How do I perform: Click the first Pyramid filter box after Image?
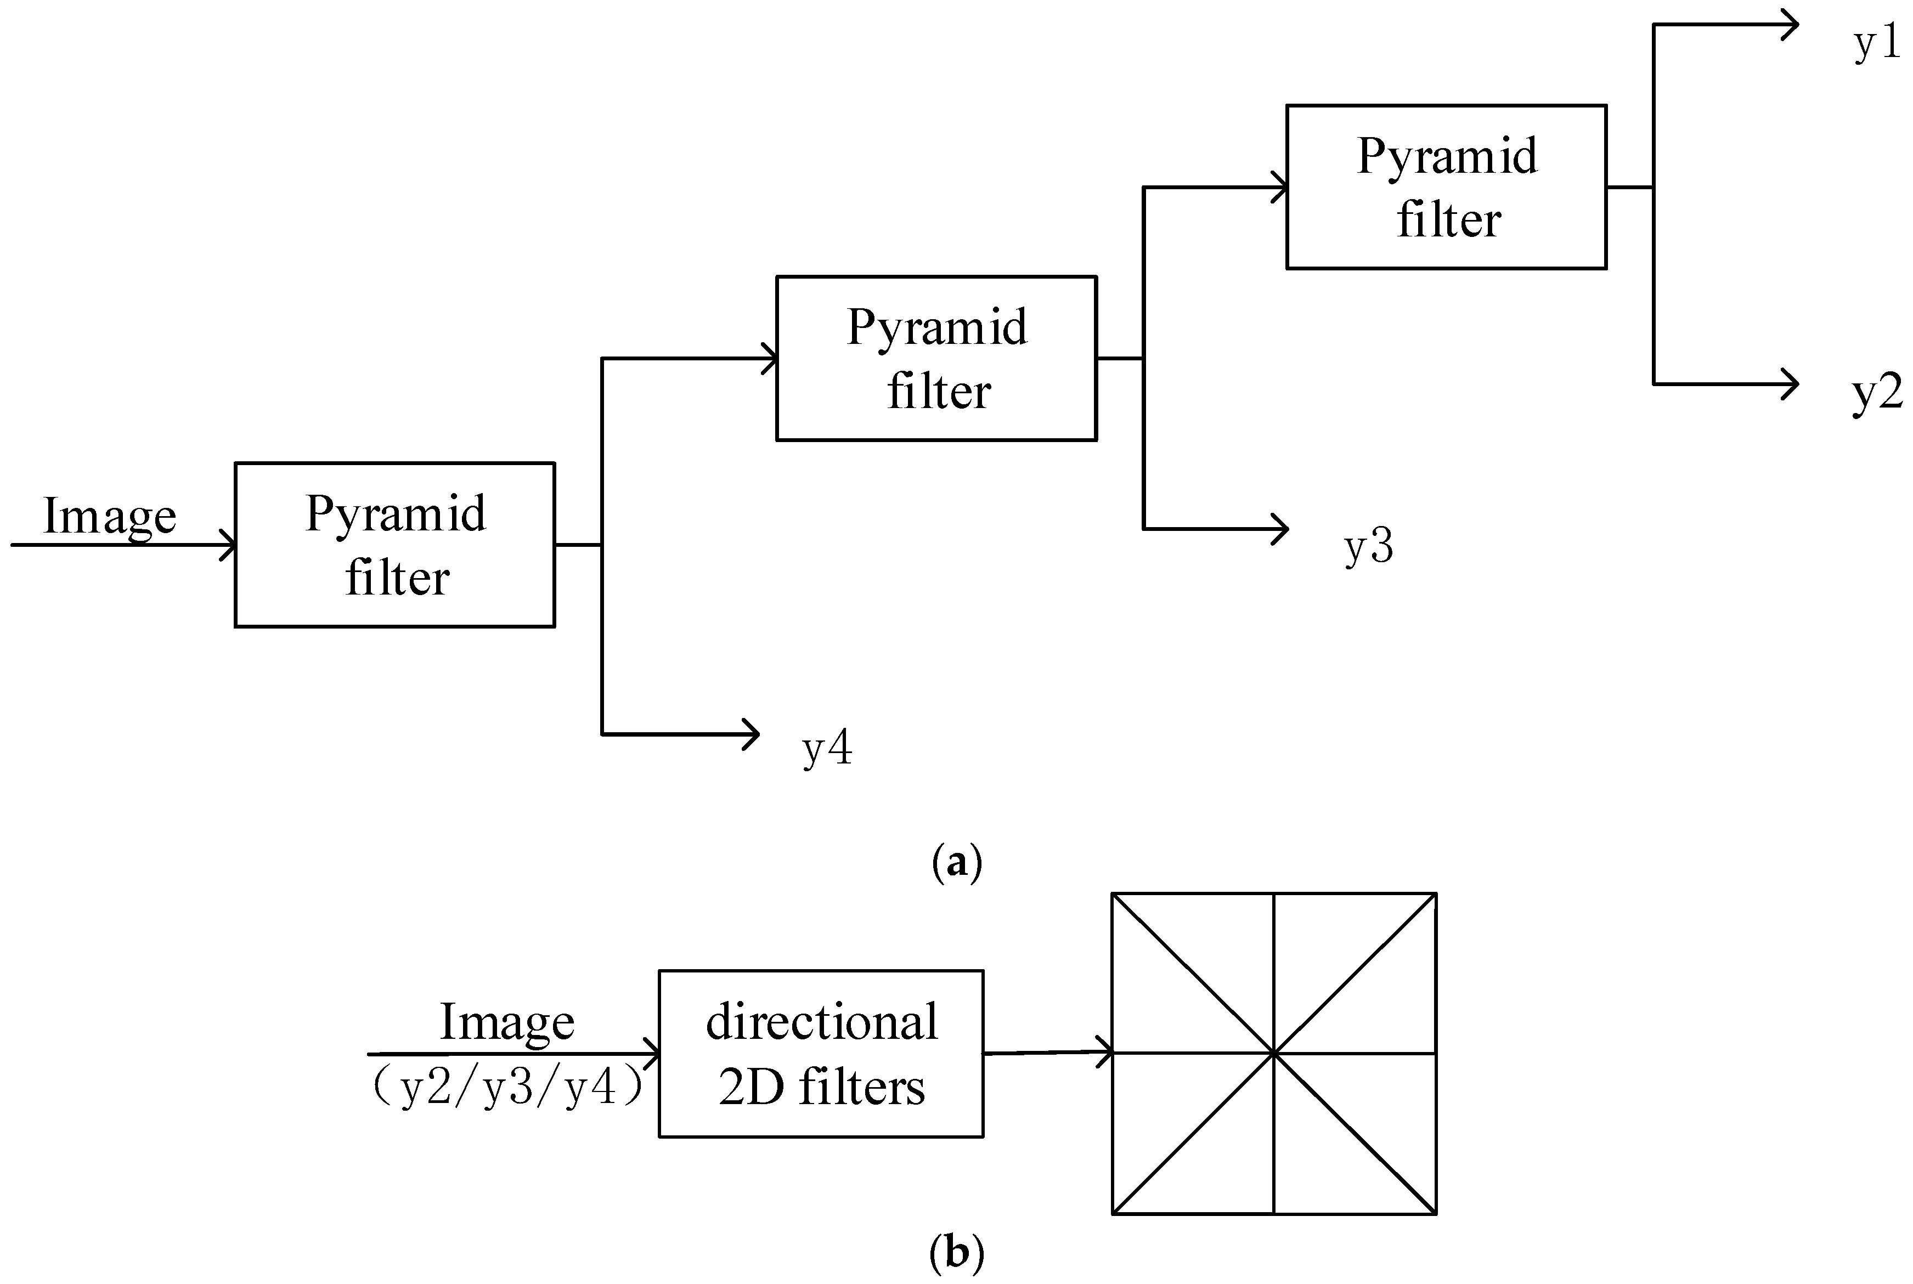tap(394, 545)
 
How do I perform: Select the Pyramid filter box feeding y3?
tap(936, 358)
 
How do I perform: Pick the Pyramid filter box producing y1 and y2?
tap(1446, 186)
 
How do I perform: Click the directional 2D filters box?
tap(821, 1054)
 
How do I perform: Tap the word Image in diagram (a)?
tap(109, 516)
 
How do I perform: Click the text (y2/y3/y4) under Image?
tap(507, 1088)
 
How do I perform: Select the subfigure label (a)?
tap(957, 862)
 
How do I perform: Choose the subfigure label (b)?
tap(957, 1251)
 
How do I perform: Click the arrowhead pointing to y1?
tap(1790, 25)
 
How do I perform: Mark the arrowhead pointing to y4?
tap(751, 734)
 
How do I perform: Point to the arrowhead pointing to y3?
tap(1279, 529)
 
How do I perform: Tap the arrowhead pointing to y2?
tap(1790, 383)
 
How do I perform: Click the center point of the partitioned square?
tap(1273, 1053)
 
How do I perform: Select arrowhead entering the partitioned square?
tap(1105, 1052)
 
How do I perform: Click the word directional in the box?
tap(821, 1022)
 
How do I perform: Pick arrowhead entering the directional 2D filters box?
tap(652, 1054)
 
